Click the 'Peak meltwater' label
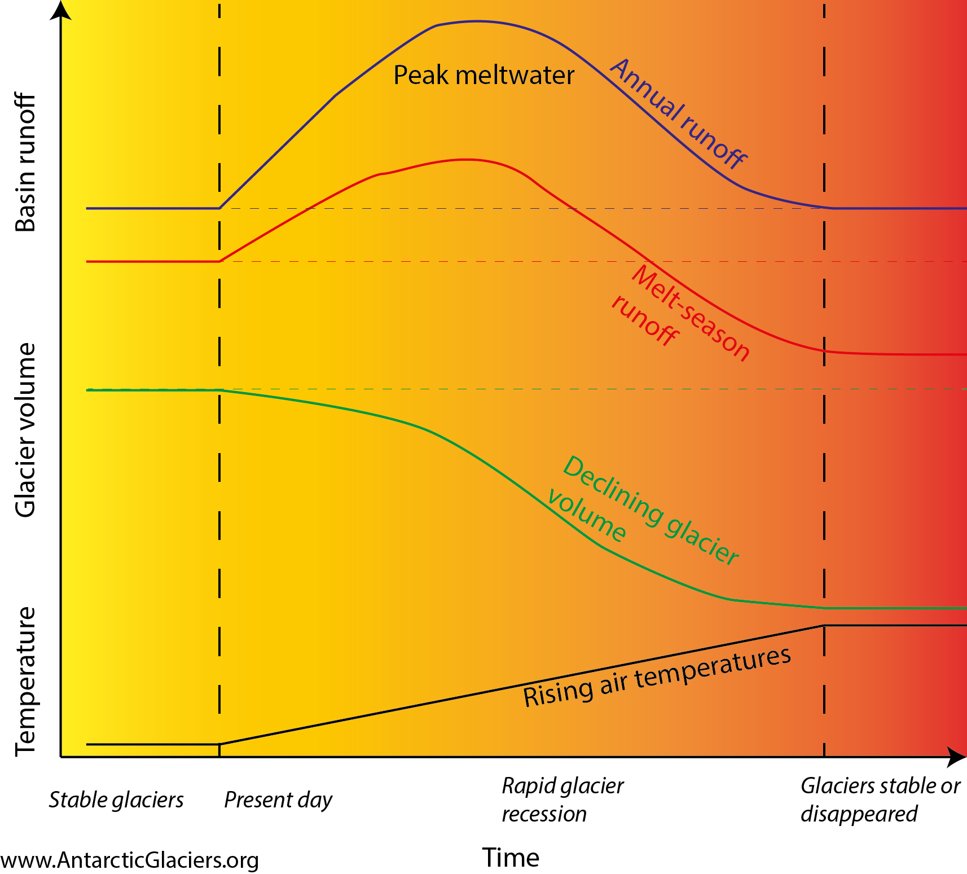pos(483,76)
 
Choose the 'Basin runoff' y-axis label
pos(26,162)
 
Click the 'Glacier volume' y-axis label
pos(26,430)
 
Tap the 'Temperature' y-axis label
pos(26,681)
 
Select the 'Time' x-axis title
pos(511,858)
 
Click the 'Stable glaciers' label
pos(116,800)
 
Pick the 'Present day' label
pos(278,800)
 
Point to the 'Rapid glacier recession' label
pos(562,800)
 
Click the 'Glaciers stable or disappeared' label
pos(880,800)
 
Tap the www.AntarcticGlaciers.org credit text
pos(130,860)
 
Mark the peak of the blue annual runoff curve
pos(477,21)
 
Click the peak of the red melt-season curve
pos(466,160)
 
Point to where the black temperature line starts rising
pos(219,744)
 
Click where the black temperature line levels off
pos(824,625)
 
